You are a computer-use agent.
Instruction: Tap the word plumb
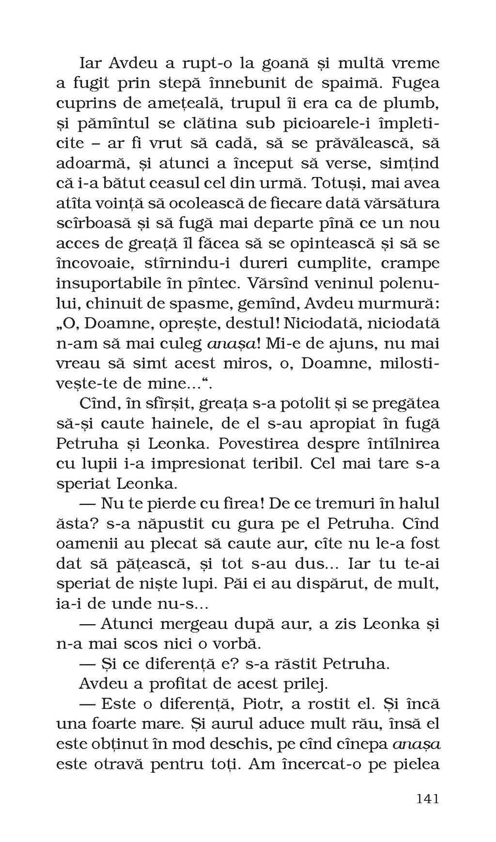point(417,104)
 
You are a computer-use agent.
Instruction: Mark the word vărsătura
point(403,203)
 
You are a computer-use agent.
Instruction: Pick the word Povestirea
point(271,443)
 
